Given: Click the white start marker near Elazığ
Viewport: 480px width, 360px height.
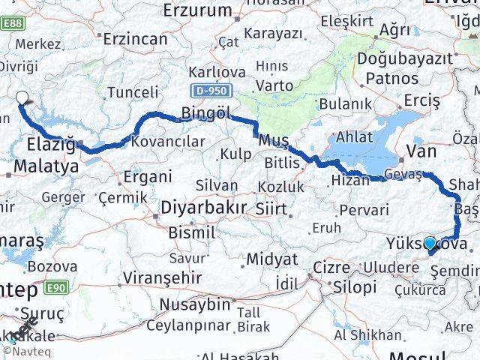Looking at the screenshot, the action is click(22, 97).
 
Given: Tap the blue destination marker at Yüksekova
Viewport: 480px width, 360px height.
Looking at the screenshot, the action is click(430, 242).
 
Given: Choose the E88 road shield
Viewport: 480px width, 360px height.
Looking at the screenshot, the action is click(13, 24).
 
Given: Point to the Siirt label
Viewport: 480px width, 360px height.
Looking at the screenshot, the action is click(272, 207).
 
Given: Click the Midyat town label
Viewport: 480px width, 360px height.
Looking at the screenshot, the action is click(274, 259).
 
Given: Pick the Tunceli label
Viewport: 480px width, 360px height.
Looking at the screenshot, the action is click(133, 92).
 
